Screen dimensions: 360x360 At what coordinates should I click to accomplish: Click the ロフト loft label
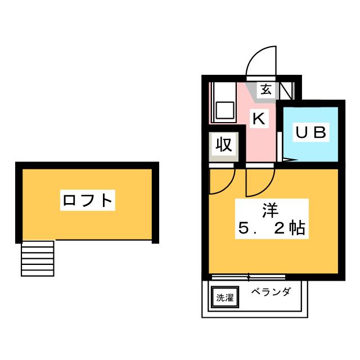88,200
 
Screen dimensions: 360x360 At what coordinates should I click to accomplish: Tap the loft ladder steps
38,258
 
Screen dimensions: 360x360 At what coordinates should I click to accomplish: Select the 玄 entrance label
266,89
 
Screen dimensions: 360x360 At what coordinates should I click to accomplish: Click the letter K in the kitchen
259,119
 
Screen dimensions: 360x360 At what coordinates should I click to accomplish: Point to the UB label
311,132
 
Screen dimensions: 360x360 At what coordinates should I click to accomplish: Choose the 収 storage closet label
224,145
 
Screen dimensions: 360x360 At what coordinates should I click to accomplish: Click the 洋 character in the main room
271,210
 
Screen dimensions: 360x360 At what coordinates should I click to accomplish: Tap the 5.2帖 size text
272,228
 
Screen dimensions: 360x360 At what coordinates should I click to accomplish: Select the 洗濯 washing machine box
225,297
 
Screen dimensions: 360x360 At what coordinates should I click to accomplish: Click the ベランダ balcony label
271,292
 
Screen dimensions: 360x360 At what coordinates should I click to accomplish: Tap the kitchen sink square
225,110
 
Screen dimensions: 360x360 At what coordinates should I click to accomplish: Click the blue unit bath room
310,134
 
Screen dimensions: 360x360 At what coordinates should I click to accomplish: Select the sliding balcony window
249,277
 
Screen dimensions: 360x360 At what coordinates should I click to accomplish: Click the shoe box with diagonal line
287,91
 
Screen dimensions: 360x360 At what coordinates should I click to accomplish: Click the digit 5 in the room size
244,228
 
